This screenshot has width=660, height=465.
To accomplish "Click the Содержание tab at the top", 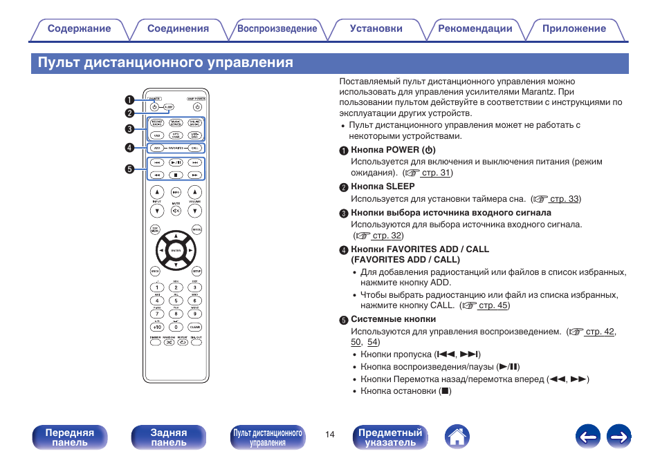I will pos(79,29).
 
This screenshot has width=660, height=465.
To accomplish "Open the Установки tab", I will pos(376,29).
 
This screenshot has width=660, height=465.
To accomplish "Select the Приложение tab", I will pos(574,29).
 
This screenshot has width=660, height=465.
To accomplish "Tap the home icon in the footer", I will pos(457,437).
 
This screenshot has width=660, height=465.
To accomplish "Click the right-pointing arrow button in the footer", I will pos(619,437).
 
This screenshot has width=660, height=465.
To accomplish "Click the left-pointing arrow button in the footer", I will pos(587,437).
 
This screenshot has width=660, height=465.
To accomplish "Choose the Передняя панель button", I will pos(70,437).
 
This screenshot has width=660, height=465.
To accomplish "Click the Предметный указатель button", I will pos(390,437).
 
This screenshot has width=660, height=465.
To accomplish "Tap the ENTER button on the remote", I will pos(176,250).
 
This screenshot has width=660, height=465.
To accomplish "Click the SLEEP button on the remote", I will pos(168,108).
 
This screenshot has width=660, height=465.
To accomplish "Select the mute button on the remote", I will pos(176,210).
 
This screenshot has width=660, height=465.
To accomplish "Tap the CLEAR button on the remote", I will pos(195,327).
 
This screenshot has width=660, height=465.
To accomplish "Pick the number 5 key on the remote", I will pos(176,301).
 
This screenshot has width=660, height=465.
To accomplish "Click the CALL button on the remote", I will pos(195,148).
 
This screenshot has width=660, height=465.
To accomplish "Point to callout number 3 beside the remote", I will pos(129,129).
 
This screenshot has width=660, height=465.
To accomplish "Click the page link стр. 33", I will pos(565,199).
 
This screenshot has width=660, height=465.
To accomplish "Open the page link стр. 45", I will pos(493,305).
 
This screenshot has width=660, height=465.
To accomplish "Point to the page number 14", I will pos(330,435).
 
